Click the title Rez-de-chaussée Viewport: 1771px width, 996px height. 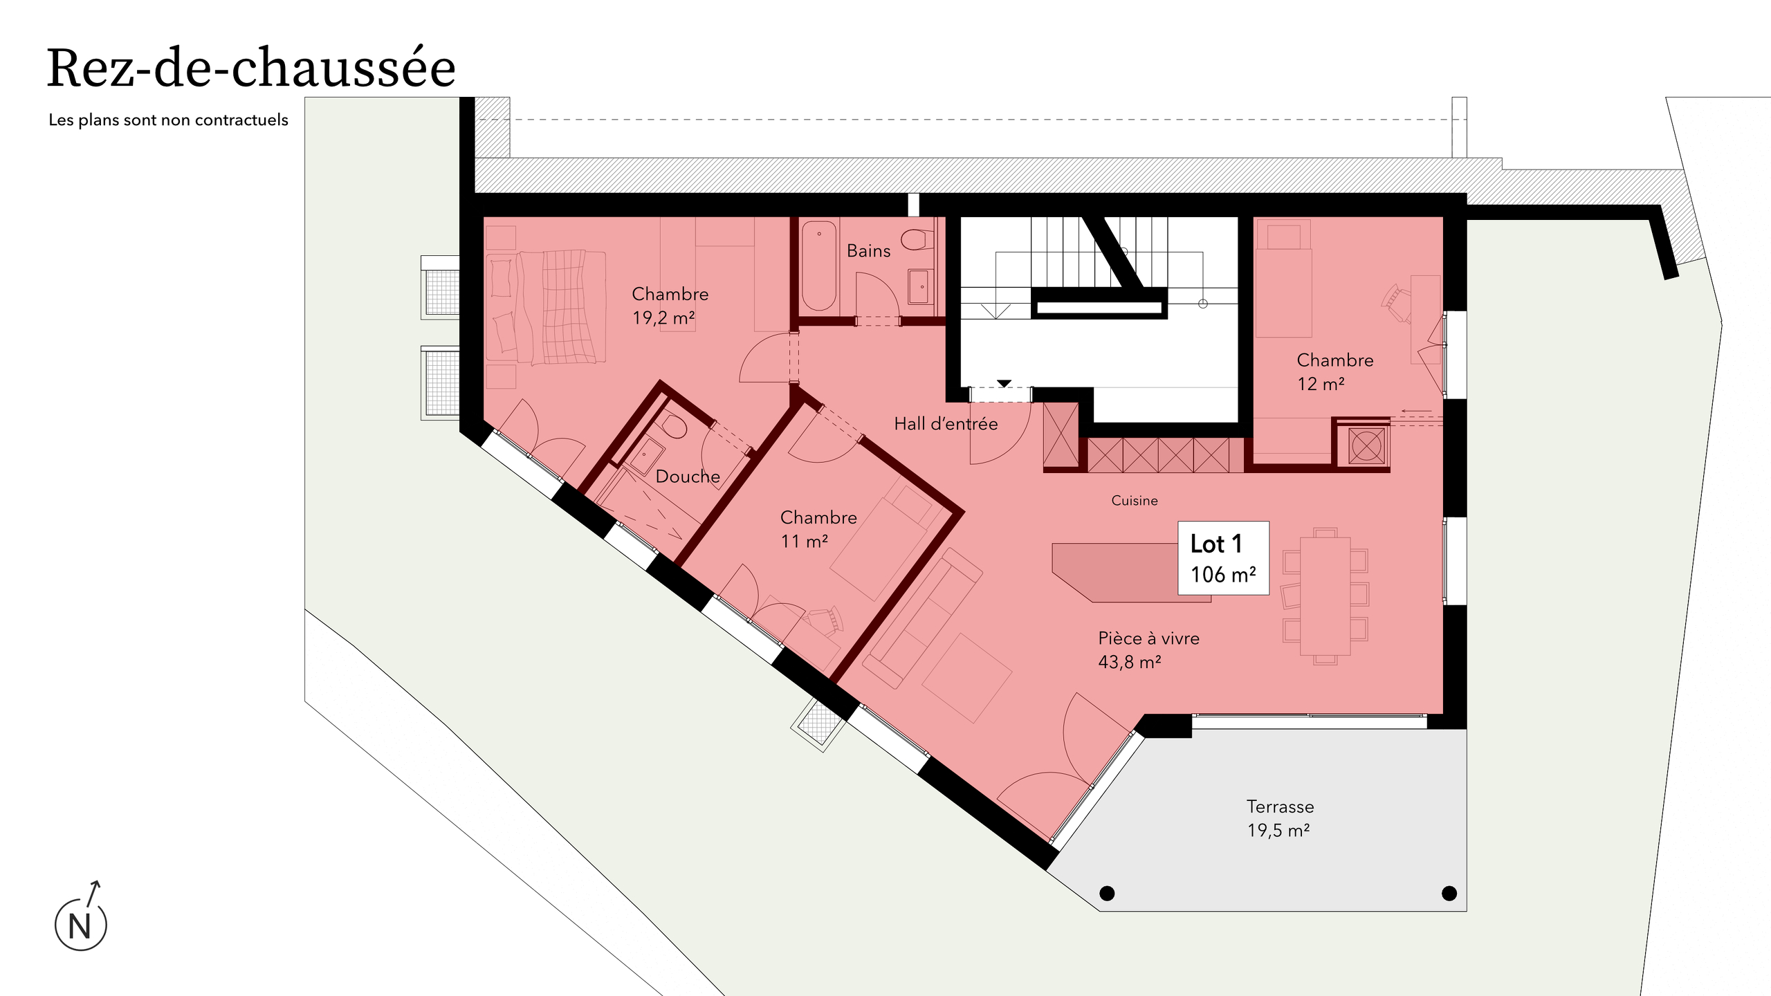[x=251, y=69]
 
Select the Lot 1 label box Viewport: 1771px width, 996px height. [x=1223, y=558]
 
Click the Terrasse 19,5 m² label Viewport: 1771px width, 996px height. [x=1280, y=818]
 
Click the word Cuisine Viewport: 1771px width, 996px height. [x=1135, y=501]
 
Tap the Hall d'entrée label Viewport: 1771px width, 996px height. [x=946, y=424]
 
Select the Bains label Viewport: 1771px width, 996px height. [x=868, y=251]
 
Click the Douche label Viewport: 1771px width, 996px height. [x=688, y=477]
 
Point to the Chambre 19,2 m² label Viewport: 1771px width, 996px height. [x=670, y=306]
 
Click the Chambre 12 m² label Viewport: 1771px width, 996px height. [x=1334, y=371]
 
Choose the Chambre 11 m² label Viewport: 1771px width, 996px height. [x=818, y=529]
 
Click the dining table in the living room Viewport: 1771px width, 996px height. [x=1325, y=596]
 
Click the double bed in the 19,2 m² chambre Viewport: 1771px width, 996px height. [x=547, y=306]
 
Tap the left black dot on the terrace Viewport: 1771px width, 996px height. [x=1107, y=894]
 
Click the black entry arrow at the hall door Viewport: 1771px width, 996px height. [x=1004, y=384]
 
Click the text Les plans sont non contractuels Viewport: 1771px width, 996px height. [x=168, y=120]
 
